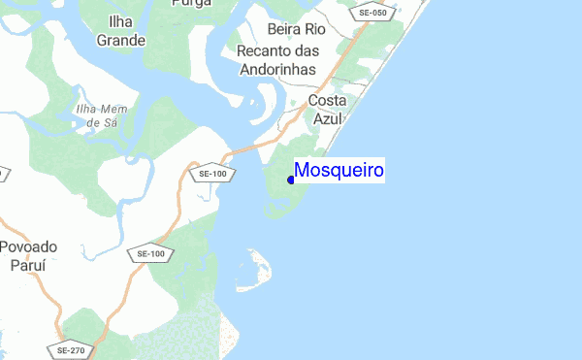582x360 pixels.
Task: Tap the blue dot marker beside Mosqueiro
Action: (x=291, y=180)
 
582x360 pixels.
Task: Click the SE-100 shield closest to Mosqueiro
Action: (x=211, y=174)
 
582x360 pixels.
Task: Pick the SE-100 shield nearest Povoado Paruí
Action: (x=150, y=253)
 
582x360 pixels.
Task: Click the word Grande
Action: (x=121, y=41)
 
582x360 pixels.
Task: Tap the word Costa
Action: (x=327, y=100)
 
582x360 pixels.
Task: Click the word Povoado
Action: (x=29, y=247)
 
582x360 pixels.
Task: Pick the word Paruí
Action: (x=29, y=264)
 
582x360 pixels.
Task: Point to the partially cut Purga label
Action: (x=190, y=4)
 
